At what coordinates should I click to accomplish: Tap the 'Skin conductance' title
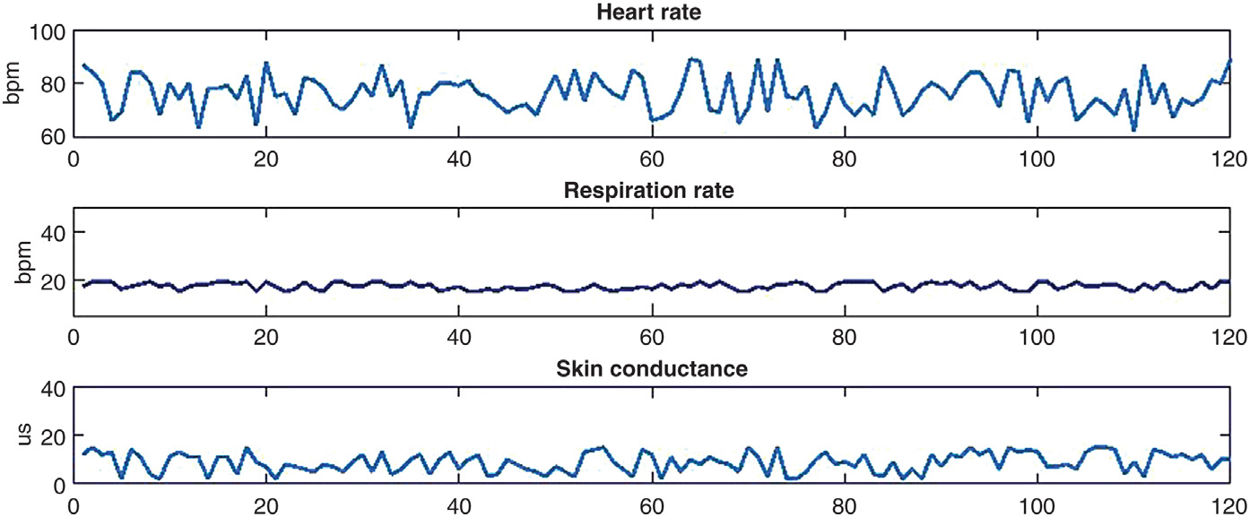[x=651, y=368]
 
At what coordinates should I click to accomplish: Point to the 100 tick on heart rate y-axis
[x=50, y=32]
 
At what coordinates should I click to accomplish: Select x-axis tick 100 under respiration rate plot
[x=1037, y=336]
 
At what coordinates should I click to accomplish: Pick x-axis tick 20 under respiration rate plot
[x=266, y=336]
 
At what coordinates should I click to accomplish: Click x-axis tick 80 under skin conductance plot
[x=844, y=505]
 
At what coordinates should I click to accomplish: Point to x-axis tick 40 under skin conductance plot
[x=459, y=505]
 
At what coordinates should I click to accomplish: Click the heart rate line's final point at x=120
[x=1229, y=61]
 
